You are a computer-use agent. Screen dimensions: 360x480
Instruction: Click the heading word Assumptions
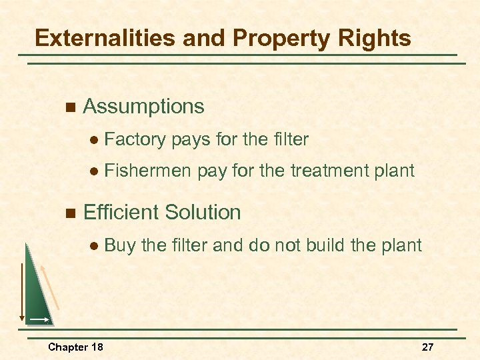pos(143,107)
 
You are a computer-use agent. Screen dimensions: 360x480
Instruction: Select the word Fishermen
pos(149,171)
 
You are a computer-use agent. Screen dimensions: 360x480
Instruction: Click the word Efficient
pos(120,213)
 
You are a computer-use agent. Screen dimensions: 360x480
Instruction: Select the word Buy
pos(120,245)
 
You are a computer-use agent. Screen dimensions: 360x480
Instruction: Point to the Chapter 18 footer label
pos(75,347)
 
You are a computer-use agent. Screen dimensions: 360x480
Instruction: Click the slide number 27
pos(427,347)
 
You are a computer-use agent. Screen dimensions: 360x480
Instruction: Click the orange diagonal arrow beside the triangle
pos(51,287)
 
